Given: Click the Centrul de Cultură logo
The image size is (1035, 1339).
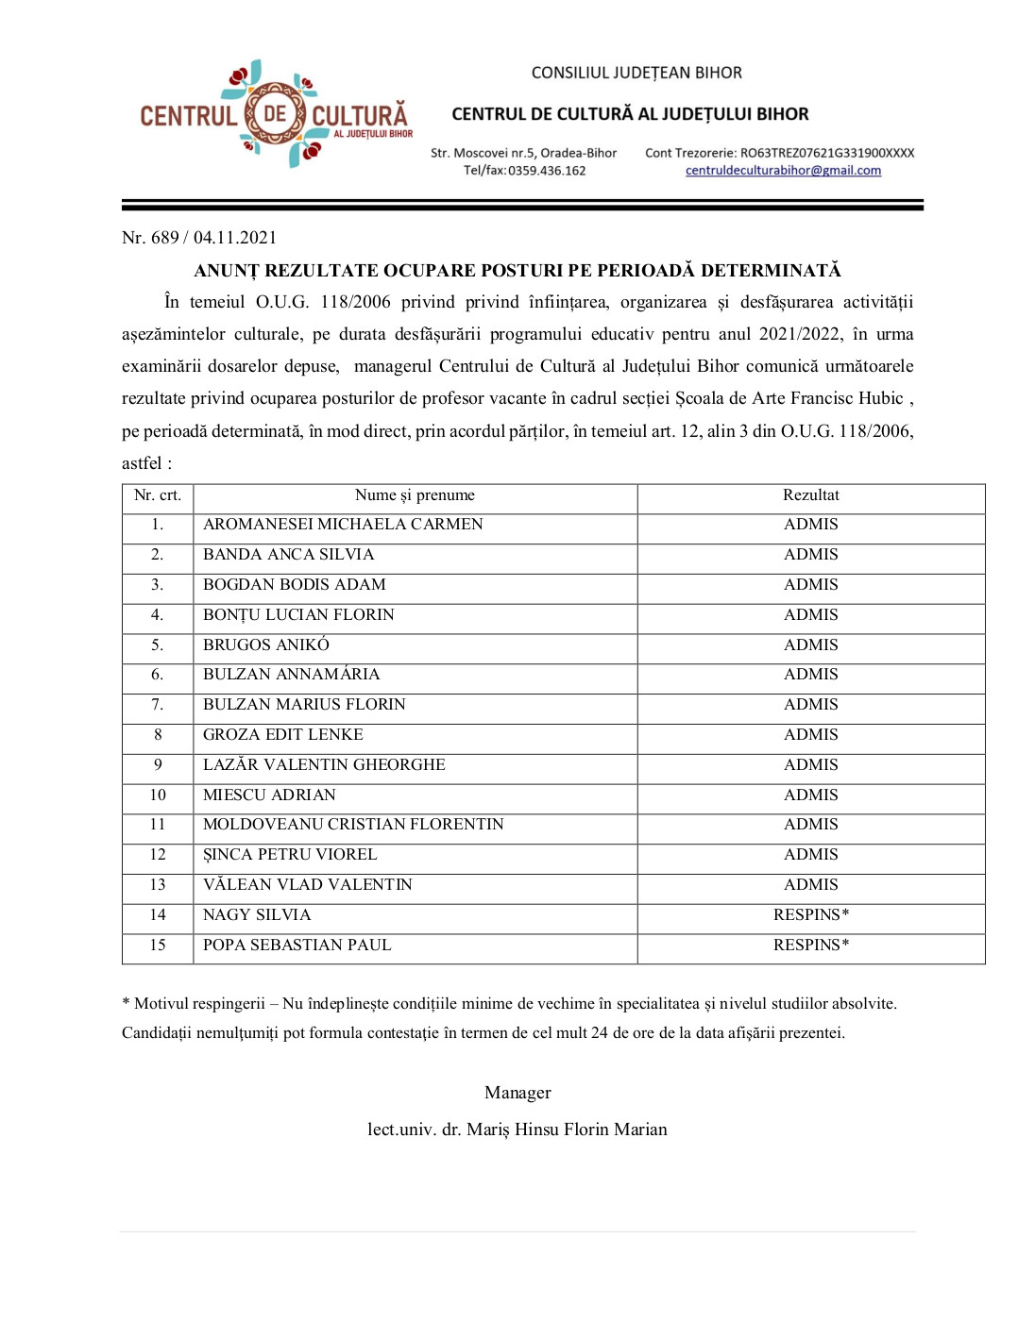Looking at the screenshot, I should pyautogui.click(x=275, y=115).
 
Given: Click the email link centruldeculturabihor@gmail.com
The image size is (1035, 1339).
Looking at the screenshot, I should pyautogui.click(x=783, y=171).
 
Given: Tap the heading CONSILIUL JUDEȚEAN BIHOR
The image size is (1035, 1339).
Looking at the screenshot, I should pyautogui.click(x=636, y=73).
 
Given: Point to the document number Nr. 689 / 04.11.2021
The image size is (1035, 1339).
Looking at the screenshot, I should pyautogui.click(x=199, y=238).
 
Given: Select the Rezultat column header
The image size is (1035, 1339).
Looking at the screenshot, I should pyautogui.click(x=810, y=495).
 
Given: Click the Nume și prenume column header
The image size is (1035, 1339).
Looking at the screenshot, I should pyautogui.click(x=415, y=495).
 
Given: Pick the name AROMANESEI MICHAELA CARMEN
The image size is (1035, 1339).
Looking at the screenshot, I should pyautogui.click(x=343, y=525).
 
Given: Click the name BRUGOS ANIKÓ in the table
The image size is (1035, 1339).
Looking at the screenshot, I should pyautogui.click(x=266, y=645).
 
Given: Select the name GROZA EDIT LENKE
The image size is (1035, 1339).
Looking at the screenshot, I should pyautogui.click(x=283, y=735).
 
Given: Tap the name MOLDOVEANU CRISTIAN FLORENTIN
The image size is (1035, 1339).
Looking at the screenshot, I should pyautogui.click(x=353, y=825).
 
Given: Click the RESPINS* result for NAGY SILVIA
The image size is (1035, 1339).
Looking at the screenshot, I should pyautogui.click(x=810, y=915).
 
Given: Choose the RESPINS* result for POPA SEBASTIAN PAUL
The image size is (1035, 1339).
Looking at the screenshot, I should pyautogui.click(x=810, y=946).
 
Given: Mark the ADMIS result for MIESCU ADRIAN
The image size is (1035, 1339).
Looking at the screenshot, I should pyautogui.click(x=810, y=795).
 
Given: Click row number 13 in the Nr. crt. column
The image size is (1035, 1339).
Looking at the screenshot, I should pyautogui.click(x=158, y=885).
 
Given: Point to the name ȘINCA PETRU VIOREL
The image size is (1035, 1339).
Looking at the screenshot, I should pyautogui.click(x=290, y=855).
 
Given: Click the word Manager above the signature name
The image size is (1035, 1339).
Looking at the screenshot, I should pyautogui.click(x=517, y=1093).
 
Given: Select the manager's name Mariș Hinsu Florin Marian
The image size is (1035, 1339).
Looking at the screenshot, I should pyautogui.click(x=567, y=1130).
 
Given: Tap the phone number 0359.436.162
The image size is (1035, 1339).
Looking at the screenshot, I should pyautogui.click(x=547, y=171).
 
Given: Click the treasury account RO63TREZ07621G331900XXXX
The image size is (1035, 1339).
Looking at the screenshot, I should pyautogui.click(x=827, y=153).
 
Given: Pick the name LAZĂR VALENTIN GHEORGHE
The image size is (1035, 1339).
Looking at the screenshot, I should pyautogui.click(x=324, y=765).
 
